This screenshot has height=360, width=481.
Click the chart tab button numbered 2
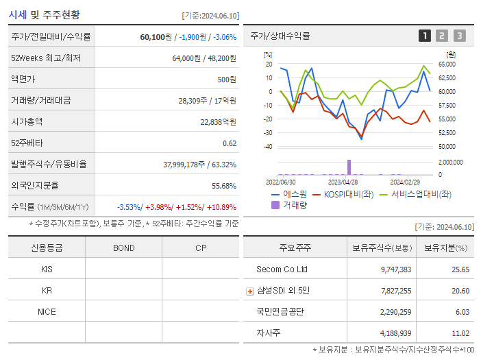click(x=442, y=36)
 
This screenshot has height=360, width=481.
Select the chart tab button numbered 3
click(x=459, y=36)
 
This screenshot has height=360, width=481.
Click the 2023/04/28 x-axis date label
click(x=343, y=182)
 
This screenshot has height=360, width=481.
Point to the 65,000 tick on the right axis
click(x=456, y=64)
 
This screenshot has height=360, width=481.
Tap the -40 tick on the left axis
click(x=267, y=147)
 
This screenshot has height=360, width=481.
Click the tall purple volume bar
click(x=349, y=167)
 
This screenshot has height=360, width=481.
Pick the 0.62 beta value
click(x=230, y=143)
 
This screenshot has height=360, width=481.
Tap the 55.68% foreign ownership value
click(x=224, y=185)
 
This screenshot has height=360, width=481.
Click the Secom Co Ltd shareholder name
click(x=282, y=269)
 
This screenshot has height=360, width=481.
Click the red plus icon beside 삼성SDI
click(x=250, y=291)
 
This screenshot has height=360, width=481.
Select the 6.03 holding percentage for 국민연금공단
click(x=463, y=311)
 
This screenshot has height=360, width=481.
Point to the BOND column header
click(x=123, y=248)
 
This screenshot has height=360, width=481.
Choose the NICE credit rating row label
click(x=47, y=311)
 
